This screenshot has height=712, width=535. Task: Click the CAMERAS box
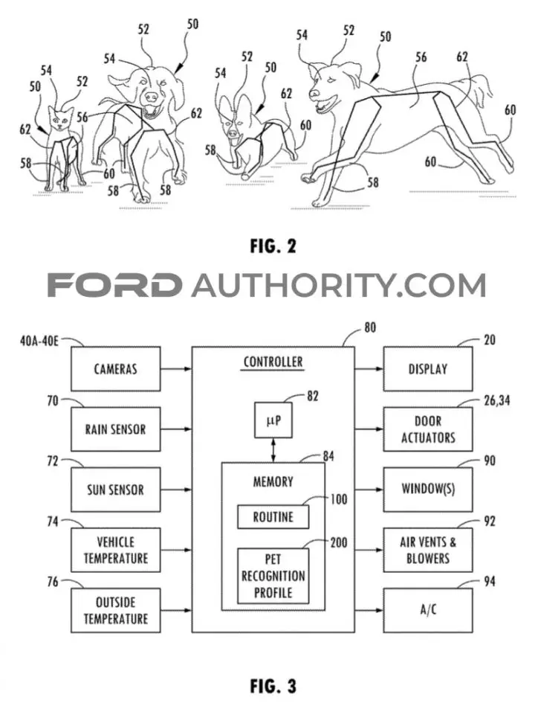click(116, 369)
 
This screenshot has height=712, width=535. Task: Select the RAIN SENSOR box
click(116, 429)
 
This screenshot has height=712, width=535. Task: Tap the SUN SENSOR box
click(116, 490)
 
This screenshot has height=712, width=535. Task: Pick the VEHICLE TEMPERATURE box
click(116, 550)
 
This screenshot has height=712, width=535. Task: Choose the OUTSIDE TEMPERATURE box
click(116, 610)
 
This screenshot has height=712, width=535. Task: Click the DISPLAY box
click(428, 369)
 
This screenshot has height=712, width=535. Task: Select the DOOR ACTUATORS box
click(428, 429)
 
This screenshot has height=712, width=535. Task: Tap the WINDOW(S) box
click(428, 490)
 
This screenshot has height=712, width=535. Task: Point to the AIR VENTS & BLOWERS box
click(428, 550)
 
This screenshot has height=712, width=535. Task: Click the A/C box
click(428, 610)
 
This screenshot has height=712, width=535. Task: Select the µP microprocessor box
click(273, 420)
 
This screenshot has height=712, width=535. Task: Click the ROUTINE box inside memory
click(273, 517)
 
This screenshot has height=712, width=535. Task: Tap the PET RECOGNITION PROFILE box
click(273, 576)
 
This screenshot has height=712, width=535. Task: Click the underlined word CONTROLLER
click(273, 362)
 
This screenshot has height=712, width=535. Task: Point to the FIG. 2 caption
click(273, 246)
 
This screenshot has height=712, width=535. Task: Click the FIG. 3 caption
click(273, 686)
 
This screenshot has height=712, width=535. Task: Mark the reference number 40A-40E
click(39, 341)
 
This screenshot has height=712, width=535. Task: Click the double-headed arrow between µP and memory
click(273, 450)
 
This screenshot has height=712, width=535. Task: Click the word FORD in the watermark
click(115, 285)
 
